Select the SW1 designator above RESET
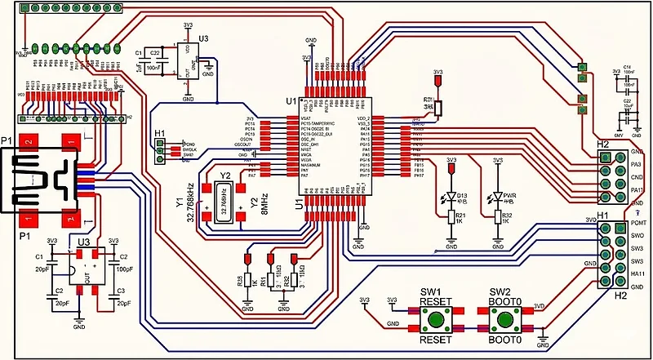coord(430,292)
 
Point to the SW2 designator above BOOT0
coord(500,292)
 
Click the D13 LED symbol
coord(451,198)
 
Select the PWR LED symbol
coord(498,198)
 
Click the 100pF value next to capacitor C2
coord(125,269)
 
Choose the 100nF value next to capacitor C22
coord(153,69)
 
